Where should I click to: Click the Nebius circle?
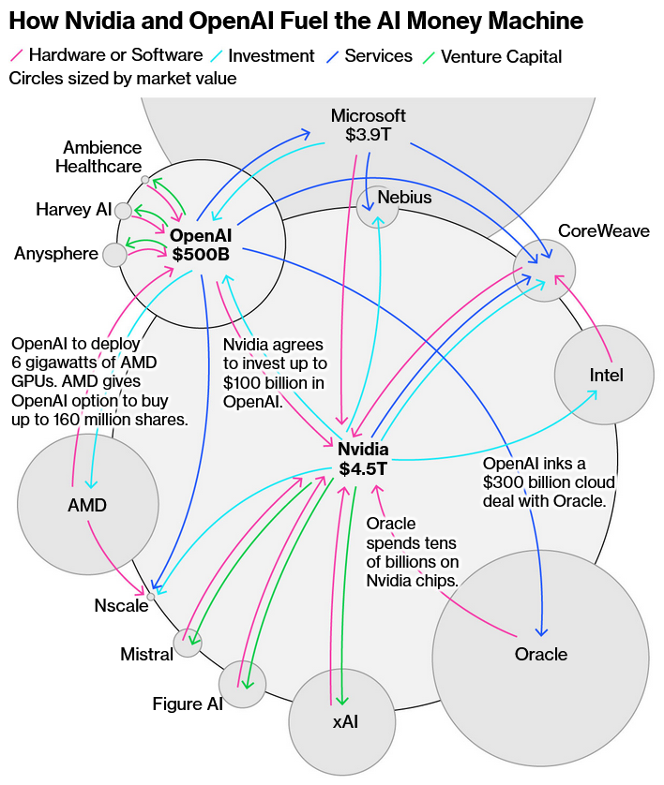tap(378, 207)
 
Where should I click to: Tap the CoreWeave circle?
tap(545, 270)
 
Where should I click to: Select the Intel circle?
tap(605, 375)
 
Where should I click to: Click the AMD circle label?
tap(87, 506)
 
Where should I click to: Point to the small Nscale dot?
tap(151, 596)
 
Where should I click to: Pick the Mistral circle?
tap(188, 643)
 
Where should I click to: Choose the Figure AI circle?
tap(243, 684)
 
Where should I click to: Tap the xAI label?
tap(345, 721)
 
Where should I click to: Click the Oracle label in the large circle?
tap(541, 653)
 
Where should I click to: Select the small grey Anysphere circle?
tap(114, 254)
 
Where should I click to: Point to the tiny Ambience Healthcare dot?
tap(144, 179)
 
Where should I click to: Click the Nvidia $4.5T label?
tap(363, 459)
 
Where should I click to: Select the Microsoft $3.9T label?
tap(369, 126)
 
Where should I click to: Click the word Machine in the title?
tap(532, 21)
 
